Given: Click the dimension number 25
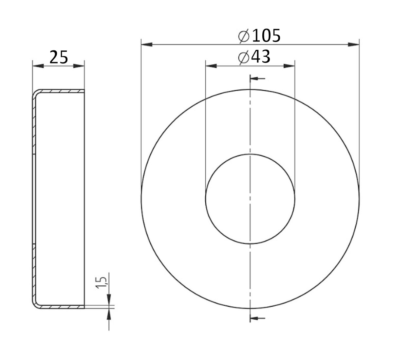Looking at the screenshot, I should pos(59,58).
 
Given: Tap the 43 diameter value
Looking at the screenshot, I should pos(261,58).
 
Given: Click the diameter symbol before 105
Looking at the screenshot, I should pos(244,36).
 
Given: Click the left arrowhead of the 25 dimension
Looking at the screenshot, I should pos(38,66).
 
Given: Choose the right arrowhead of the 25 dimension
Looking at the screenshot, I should pos(80,66).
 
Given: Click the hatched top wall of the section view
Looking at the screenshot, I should pos(61,91).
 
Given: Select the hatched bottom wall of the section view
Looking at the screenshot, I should pos(61,307).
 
